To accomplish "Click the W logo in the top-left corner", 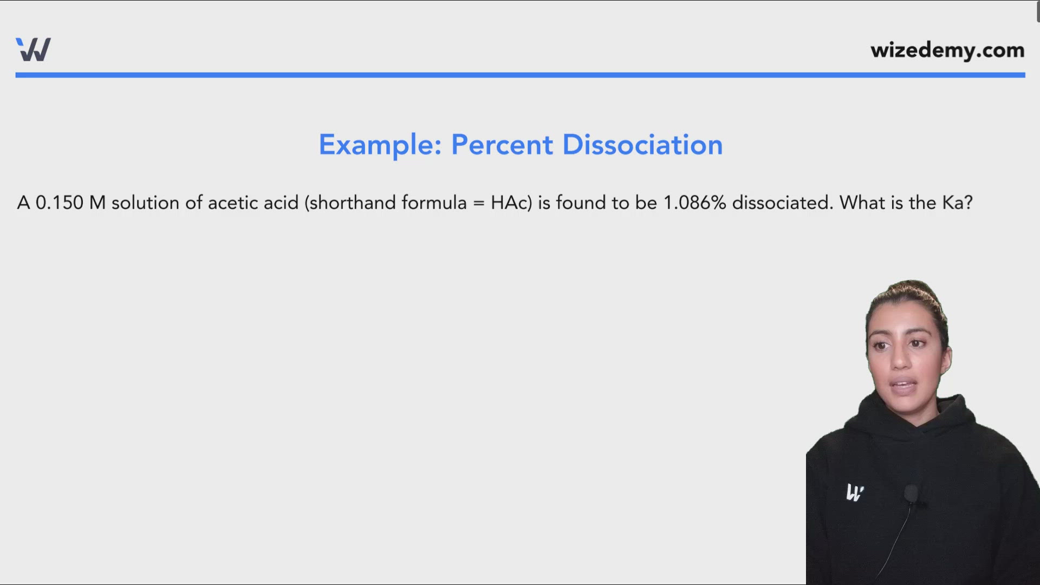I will click(x=34, y=49).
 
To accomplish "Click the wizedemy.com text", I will click(x=947, y=50).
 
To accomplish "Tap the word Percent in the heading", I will click(x=502, y=145).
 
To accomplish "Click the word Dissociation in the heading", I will click(x=642, y=145).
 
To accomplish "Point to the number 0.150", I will click(x=60, y=203).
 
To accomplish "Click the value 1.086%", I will click(x=695, y=203).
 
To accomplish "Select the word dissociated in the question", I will click(x=782, y=203).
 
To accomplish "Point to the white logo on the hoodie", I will click(x=855, y=492).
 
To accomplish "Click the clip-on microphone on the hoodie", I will click(x=911, y=493).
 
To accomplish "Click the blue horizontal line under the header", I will click(x=520, y=75).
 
